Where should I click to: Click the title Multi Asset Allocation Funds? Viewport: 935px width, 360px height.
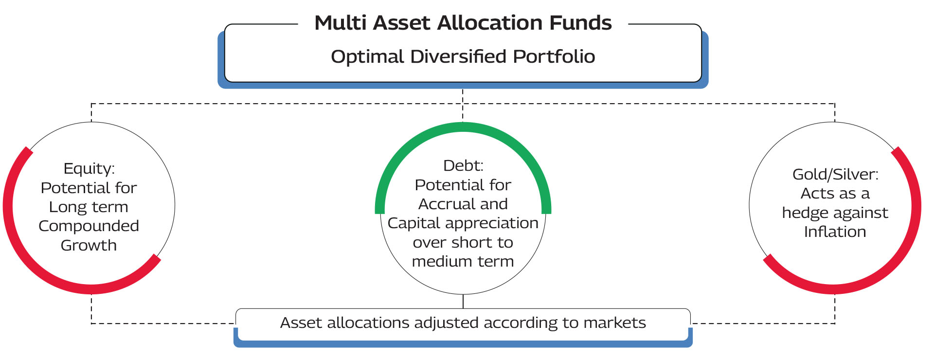pos(463,23)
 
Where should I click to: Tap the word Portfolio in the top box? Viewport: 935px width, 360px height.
pos(554,56)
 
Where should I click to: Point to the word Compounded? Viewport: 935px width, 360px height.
pos(89,226)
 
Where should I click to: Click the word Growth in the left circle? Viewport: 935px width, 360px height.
pos(89,245)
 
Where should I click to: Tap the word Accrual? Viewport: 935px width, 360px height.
pos(441,204)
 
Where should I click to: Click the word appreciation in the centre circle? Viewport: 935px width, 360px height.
pos(492,223)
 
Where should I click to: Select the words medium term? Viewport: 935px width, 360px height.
pos(463,261)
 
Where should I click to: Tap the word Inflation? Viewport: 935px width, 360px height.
pos(835,232)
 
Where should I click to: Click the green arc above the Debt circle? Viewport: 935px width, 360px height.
pos(463,127)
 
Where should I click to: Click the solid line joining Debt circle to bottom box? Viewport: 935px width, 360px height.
pos(463,302)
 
